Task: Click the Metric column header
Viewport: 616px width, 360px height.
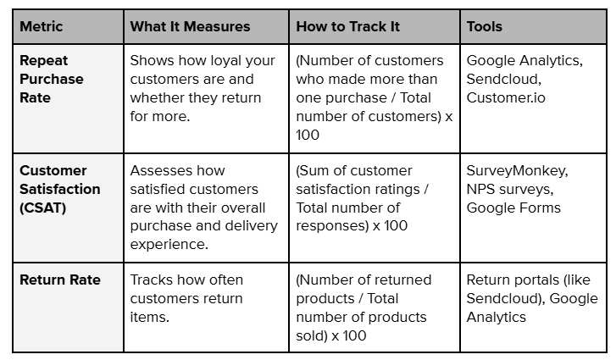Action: click(40, 26)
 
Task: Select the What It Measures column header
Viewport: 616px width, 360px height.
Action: click(190, 26)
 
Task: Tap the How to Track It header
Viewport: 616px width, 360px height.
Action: click(347, 26)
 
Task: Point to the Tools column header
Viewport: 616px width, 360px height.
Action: click(484, 26)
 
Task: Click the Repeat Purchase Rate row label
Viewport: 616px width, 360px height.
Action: click(52, 79)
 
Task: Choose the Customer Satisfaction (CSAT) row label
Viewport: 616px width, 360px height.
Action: click(59, 189)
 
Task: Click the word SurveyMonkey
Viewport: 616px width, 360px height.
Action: click(517, 171)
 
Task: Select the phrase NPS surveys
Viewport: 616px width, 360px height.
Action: click(510, 190)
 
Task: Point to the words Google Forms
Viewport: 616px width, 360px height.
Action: click(513, 208)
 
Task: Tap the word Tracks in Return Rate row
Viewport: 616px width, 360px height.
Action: click(151, 280)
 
